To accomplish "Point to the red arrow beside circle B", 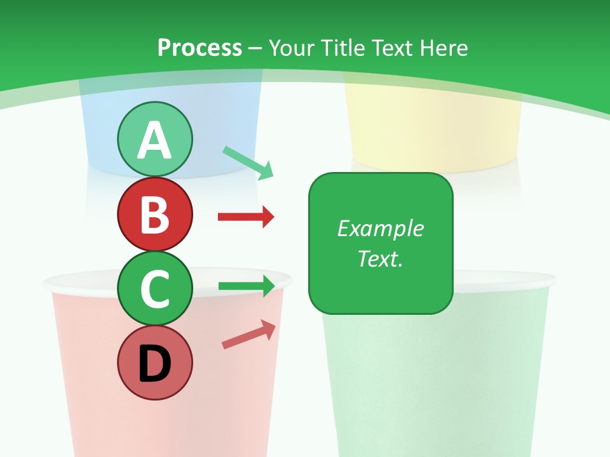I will click(x=246, y=217).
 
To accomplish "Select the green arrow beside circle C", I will click(x=246, y=286).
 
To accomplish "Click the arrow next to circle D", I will click(x=248, y=334).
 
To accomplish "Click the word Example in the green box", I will click(x=380, y=228).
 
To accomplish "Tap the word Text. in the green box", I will click(x=380, y=258).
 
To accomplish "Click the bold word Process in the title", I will click(x=200, y=48).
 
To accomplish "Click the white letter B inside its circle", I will click(x=154, y=215).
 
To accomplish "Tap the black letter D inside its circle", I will click(x=154, y=363).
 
